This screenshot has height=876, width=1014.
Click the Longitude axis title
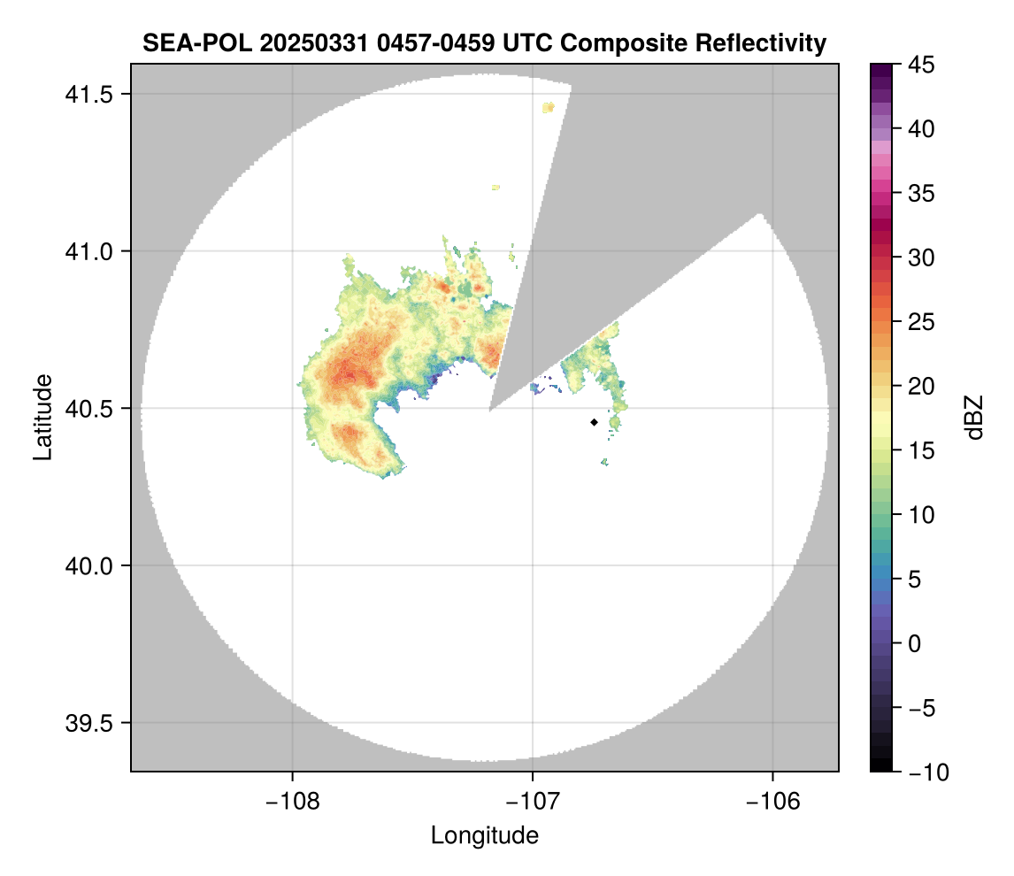tap(484, 834)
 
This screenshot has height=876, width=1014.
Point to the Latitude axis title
tap(42, 417)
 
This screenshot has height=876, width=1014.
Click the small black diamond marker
tap(594, 423)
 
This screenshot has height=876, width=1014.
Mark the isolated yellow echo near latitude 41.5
tap(549, 107)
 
